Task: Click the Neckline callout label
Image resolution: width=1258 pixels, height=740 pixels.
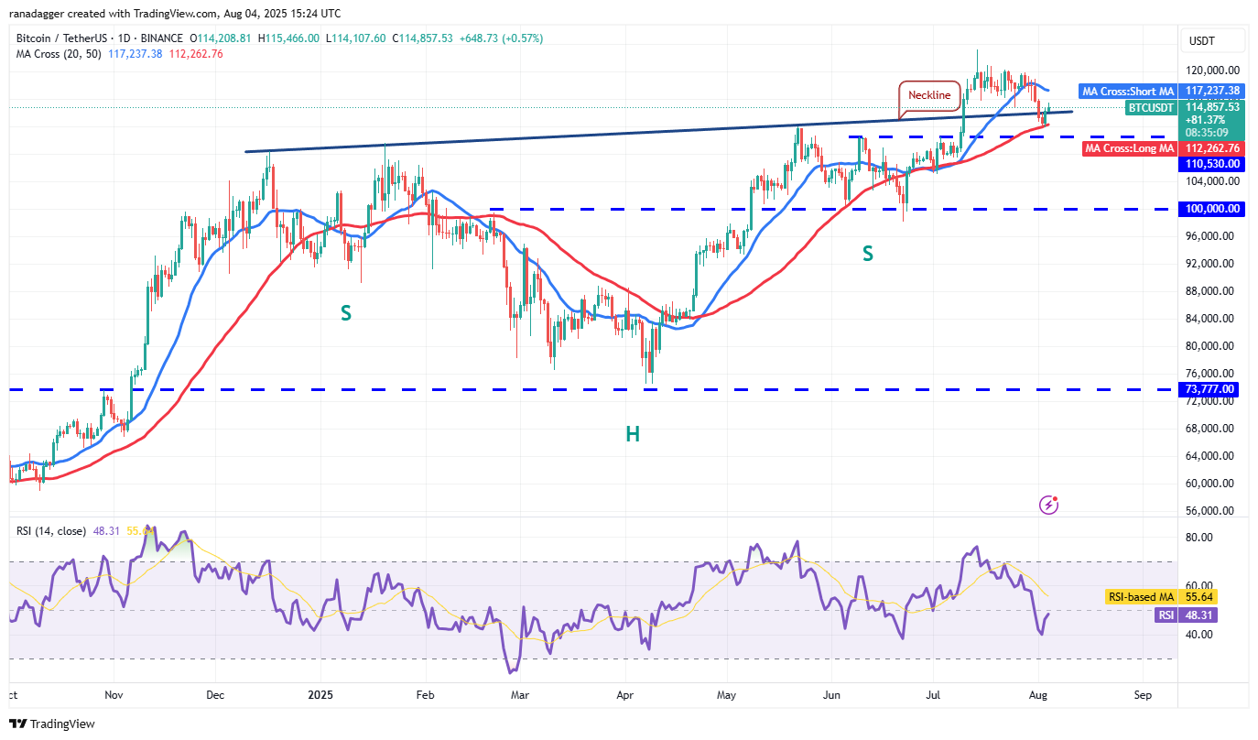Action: coord(929,95)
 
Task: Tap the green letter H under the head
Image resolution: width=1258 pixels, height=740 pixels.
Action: coord(632,434)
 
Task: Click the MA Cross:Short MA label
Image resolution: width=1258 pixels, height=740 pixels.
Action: coord(1127,91)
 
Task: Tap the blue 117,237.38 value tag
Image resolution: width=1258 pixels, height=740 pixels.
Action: coord(1212,91)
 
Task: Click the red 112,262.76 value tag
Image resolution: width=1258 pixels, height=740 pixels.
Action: coord(1212,148)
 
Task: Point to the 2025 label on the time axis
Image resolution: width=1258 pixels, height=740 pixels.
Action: coord(320,695)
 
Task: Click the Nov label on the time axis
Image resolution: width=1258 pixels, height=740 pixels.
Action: coord(113,695)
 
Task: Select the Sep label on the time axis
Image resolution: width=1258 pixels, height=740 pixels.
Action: coord(1142,695)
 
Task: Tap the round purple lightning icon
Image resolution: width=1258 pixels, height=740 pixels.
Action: coord(1050,505)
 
